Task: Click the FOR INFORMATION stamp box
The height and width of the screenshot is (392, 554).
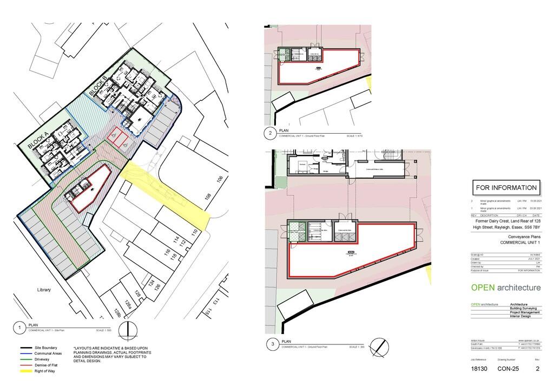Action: pyautogui.click(x=506, y=188)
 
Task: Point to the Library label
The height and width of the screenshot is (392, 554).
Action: pyautogui.click(x=44, y=290)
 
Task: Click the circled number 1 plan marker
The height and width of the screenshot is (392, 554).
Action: pyautogui.click(x=19, y=328)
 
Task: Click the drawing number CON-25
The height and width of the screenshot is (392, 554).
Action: pyautogui.click(x=507, y=369)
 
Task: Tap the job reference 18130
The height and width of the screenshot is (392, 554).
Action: pyautogui.click(x=479, y=369)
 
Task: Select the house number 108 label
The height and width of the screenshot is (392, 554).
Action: pyautogui.click(x=207, y=197)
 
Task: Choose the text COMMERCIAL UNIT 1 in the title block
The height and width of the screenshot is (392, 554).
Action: pyautogui.click(x=520, y=242)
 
